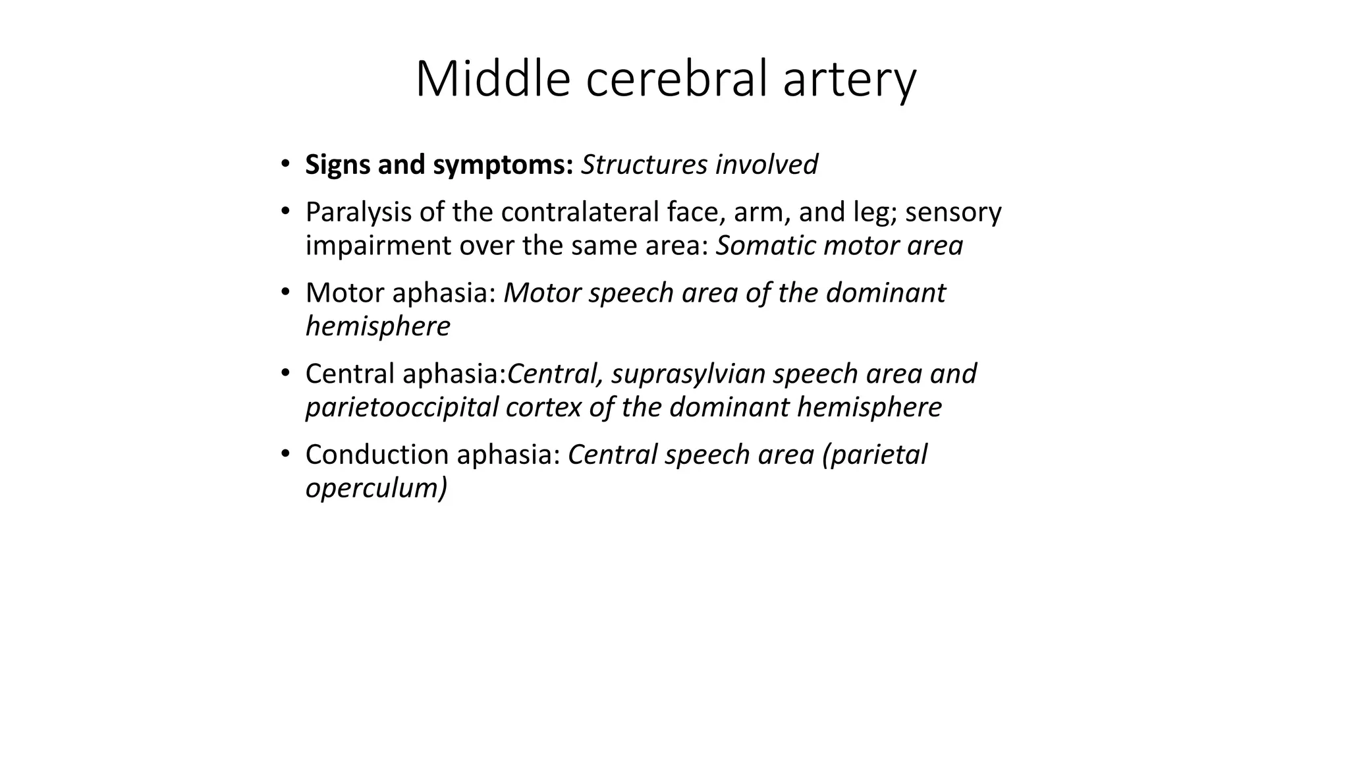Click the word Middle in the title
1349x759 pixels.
pyautogui.click(x=492, y=79)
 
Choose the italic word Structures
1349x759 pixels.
pyautogui.click(x=644, y=165)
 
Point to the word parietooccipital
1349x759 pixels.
pyautogui.click(x=402, y=407)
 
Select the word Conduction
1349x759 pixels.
pyautogui.click(x=377, y=455)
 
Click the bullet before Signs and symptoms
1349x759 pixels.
pyautogui.click(x=285, y=163)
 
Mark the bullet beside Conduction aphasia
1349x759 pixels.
pyautogui.click(x=285, y=453)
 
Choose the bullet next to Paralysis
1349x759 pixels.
pyautogui.click(x=285, y=211)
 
